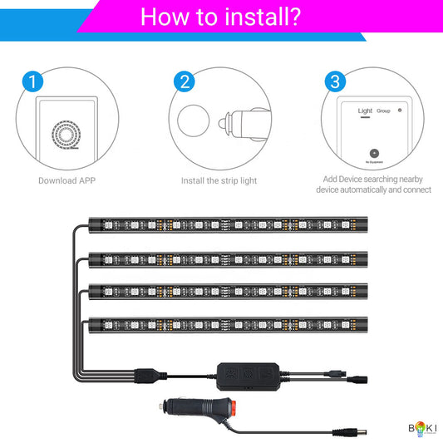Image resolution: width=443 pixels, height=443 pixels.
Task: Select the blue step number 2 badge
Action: [185, 81]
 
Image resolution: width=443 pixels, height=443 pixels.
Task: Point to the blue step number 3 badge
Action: [335, 81]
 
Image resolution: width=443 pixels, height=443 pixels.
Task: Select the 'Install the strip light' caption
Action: [220, 180]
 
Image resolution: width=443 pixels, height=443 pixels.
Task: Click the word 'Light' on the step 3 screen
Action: [365, 110]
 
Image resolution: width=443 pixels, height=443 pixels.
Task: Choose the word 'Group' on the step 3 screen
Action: [383, 110]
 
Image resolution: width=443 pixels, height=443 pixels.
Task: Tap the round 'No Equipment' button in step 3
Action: [374, 153]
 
